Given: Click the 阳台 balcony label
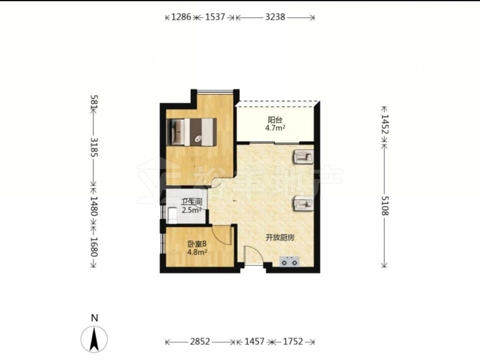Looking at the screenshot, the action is click(275, 120).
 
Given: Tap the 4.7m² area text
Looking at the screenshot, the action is click(275, 128).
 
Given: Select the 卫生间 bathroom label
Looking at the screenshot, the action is click(192, 202).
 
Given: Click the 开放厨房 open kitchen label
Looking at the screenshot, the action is click(280, 238).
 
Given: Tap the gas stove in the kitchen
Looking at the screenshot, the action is click(289, 262).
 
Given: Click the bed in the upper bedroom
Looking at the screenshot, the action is click(192, 132).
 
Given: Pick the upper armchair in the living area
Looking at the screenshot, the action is click(303, 157).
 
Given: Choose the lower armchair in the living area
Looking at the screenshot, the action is click(303, 204).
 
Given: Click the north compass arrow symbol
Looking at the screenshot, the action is click(94, 339).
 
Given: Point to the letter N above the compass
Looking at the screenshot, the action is click(95, 318).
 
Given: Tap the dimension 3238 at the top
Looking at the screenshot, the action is click(275, 17).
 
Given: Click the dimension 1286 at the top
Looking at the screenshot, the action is click(181, 17).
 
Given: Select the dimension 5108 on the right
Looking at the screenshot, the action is click(385, 205).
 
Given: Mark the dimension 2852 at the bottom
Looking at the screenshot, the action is click(200, 341).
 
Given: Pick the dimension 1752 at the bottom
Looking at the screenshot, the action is click(293, 341).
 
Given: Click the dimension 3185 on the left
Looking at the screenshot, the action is click(94, 147).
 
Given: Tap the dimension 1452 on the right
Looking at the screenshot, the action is click(385, 125).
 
